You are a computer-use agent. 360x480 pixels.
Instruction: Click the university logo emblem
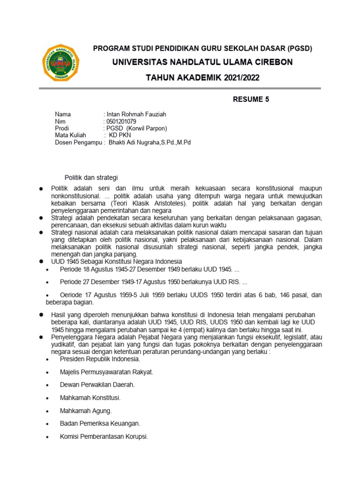tap(61, 63)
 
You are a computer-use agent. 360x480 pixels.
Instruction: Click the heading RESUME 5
tap(251, 99)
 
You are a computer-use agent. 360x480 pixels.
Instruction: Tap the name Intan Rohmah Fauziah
tap(136, 114)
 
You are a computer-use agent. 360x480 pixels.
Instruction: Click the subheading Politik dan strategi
tap(91, 177)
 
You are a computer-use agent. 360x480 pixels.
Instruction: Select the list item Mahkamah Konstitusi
tap(90, 397)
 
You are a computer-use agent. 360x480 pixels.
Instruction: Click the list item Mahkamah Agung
tap(86, 411)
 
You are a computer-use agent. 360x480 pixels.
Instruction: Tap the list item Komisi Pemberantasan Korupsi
tap(104, 436)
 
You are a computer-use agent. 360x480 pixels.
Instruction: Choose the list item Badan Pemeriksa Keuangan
tap(100, 423)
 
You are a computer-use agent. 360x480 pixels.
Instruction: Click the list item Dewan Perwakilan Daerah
tap(97, 384)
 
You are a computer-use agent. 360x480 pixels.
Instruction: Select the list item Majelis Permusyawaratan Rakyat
tap(106, 372)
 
